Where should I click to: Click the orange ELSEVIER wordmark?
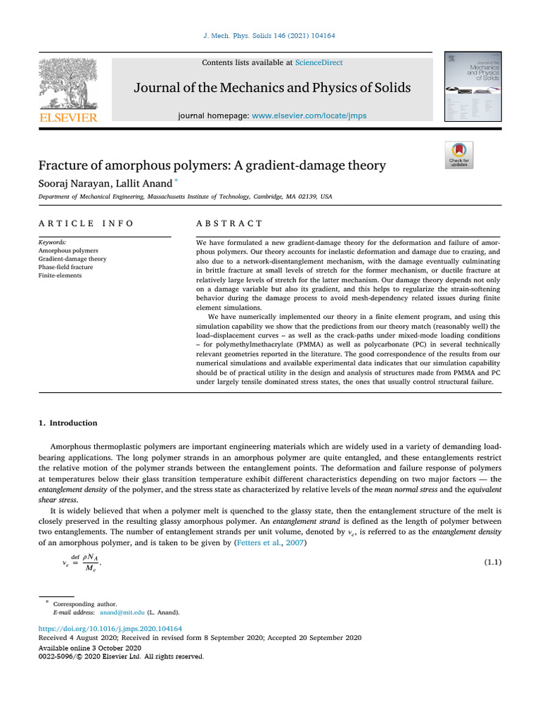[68, 118]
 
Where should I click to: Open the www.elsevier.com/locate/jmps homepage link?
[309, 115]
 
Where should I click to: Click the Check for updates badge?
[459, 155]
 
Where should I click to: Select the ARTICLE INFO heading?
[86, 223]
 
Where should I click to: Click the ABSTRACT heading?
[229, 223]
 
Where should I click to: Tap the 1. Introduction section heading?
[67, 423]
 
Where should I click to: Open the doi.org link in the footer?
[110, 628]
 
